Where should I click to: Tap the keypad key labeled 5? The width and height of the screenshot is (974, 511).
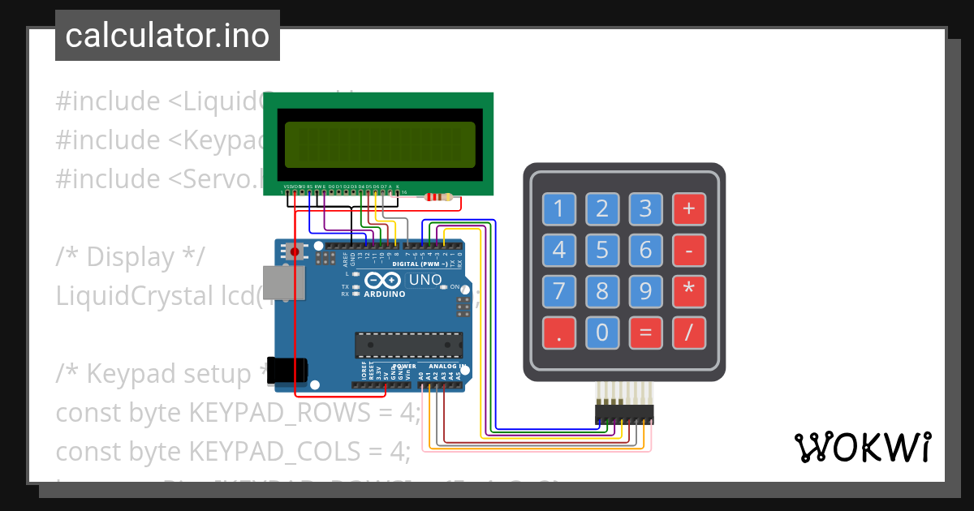(602, 250)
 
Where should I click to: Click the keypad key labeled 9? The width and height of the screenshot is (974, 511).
(645, 290)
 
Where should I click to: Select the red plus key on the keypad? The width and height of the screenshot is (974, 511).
(689, 209)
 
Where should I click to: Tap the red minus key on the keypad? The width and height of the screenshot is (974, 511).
(689, 250)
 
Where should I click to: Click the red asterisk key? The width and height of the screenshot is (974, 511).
(689, 290)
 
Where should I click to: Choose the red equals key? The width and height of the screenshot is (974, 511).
(645, 332)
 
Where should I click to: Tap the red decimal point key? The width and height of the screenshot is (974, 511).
(558, 332)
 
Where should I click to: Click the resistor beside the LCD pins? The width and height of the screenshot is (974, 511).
(438, 196)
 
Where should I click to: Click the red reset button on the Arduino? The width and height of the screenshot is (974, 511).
(295, 252)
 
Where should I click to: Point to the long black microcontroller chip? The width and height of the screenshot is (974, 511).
(408, 345)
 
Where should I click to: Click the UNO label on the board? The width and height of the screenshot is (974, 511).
(425, 281)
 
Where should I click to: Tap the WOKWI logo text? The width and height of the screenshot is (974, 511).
(862, 448)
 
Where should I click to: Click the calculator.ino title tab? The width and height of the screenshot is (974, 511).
(167, 36)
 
